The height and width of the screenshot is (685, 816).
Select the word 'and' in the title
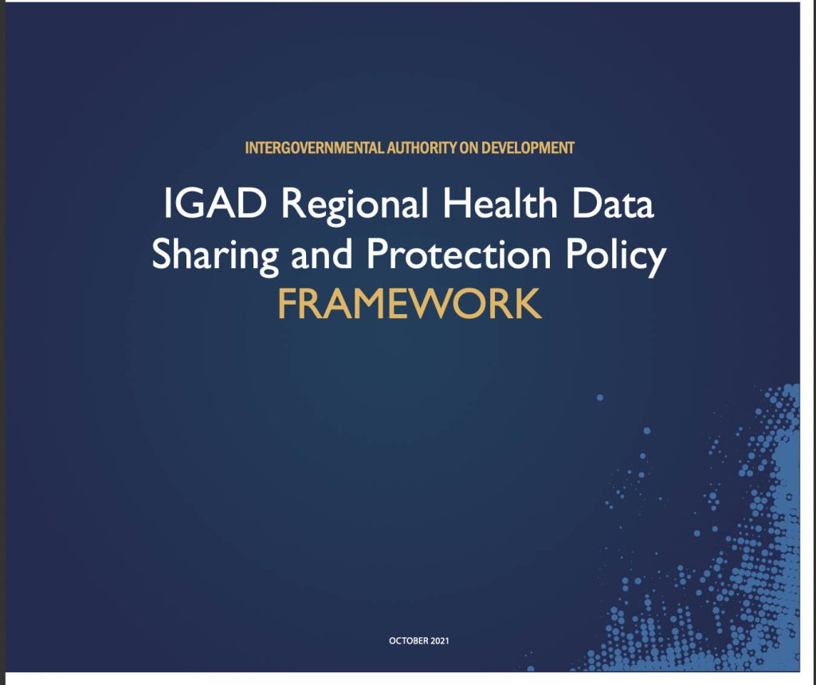coord(316,255)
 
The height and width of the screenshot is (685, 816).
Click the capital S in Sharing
coord(162,255)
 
